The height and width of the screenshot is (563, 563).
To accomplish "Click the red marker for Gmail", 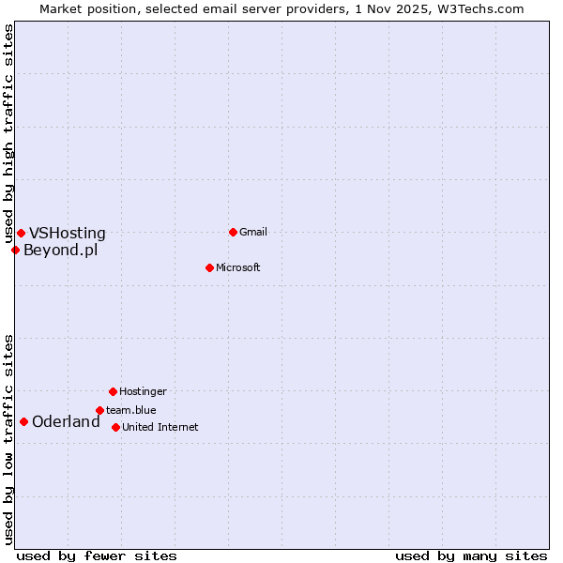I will (233, 232).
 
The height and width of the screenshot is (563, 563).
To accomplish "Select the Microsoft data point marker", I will (209, 267).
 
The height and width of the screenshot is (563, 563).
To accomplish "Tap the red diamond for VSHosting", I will (21, 233).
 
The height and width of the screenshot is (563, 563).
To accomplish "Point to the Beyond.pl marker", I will (15, 250).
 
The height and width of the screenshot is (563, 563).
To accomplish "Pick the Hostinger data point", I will (113, 391).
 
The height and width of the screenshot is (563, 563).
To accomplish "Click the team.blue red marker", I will (99, 410).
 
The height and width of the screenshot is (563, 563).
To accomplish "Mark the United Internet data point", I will (115, 427).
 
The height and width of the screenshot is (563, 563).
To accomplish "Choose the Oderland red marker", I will (23, 421).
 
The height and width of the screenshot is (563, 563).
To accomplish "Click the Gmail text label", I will (253, 232).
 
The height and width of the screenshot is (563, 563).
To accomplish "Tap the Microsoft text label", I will (238, 267).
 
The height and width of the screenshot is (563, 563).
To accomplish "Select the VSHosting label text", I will (68, 234).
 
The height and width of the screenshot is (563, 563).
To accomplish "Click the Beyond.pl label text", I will (60, 250).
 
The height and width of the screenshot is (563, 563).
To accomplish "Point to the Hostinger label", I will (143, 391).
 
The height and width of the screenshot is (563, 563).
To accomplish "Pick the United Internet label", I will (160, 427).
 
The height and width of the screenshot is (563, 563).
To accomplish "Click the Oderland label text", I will (66, 422).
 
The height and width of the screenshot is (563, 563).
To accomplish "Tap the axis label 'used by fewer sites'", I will (97, 555).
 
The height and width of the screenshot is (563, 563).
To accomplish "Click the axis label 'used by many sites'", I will (471, 555).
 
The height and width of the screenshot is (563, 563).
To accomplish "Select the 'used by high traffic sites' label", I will (8, 134).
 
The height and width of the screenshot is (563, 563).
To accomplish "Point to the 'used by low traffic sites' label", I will (8, 439).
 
